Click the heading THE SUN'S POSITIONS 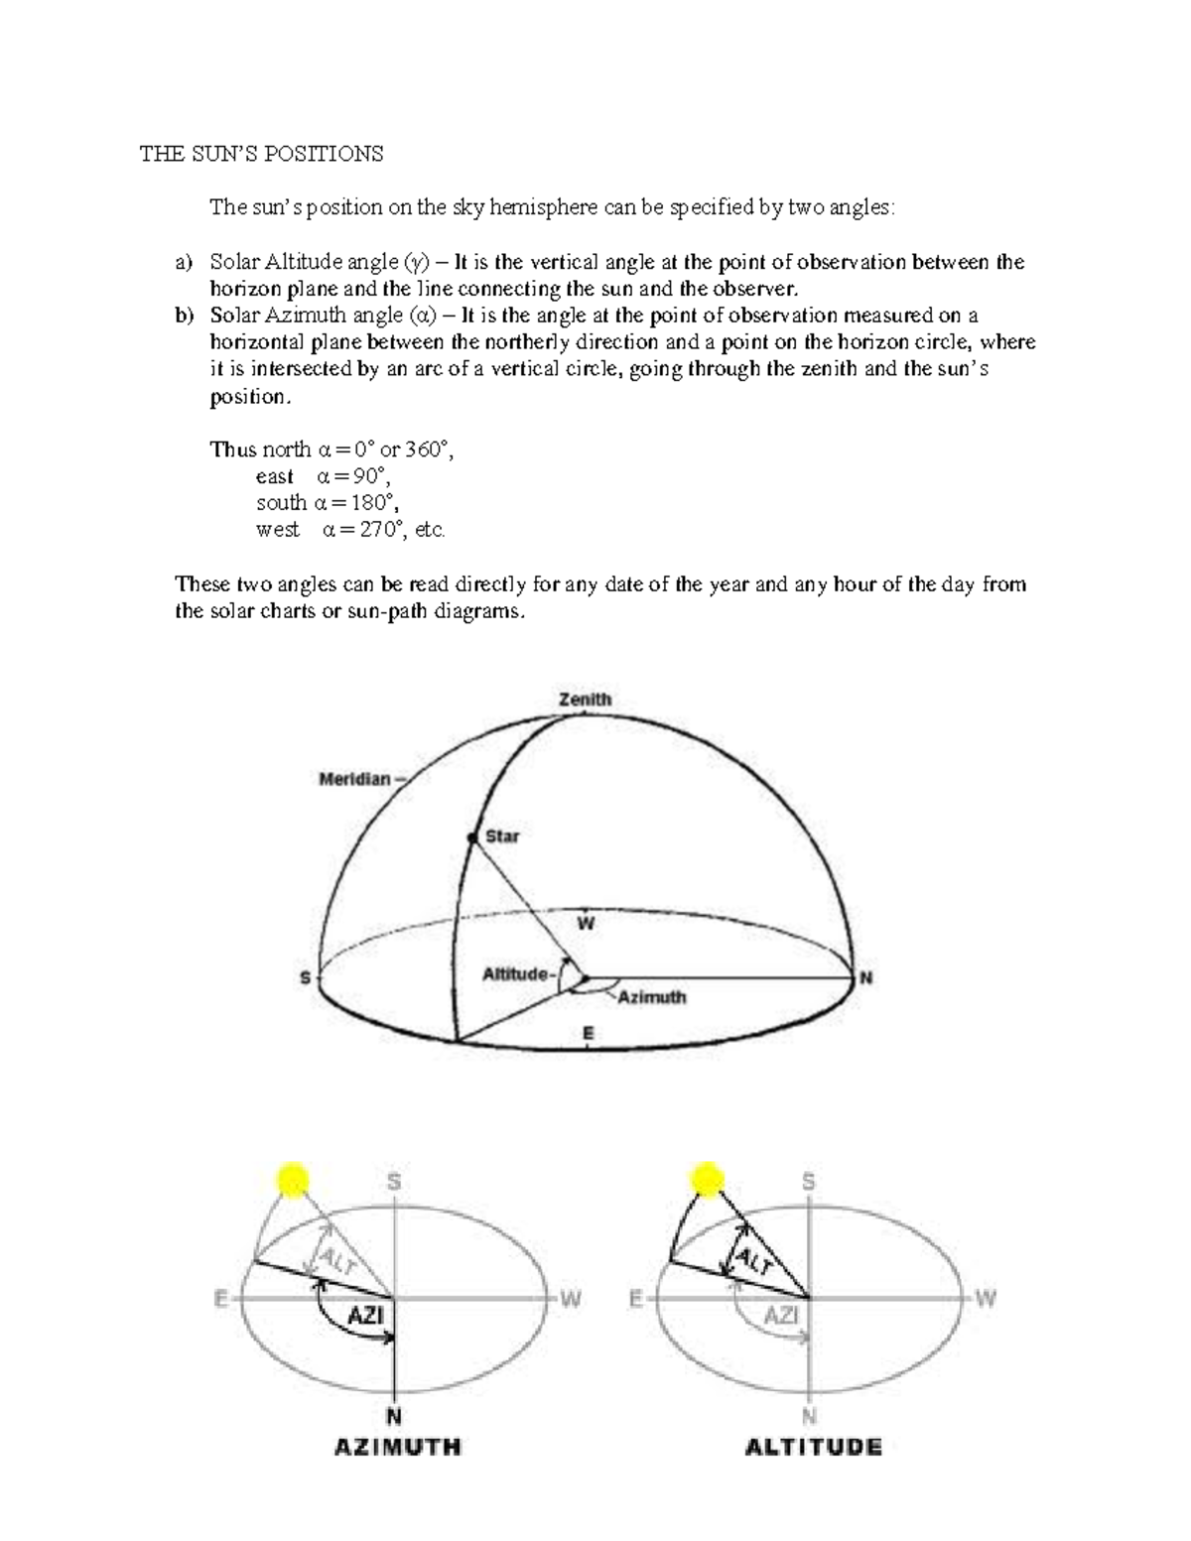(x=260, y=154)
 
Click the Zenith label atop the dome (x=585, y=700)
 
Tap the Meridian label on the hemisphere (x=355, y=779)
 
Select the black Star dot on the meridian (x=473, y=838)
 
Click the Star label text (x=502, y=836)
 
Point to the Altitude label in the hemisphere (x=515, y=974)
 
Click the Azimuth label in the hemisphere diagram (x=652, y=996)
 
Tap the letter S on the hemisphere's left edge (x=305, y=978)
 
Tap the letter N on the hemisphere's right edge (x=866, y=978)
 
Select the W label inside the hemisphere (x=586, y=924)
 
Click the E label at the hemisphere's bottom (x=588, y=1034)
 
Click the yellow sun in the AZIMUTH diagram (x=293, y=1181)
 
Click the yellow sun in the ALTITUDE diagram (x=707, y=1181)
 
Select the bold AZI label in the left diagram (x=365, y=1317)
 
